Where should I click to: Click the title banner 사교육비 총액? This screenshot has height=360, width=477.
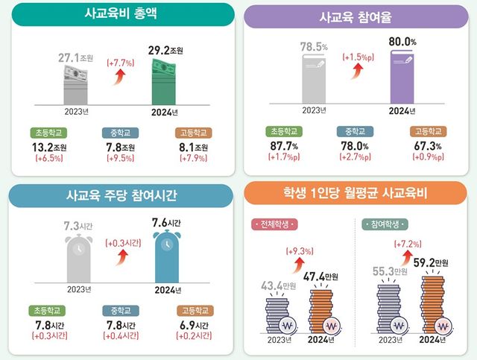pos(119,14)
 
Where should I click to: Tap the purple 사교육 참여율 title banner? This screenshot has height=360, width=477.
pos(356,16)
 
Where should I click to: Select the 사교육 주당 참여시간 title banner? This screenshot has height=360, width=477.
pos(119,197)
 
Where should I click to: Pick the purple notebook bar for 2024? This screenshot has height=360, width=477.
pos(403,79)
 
